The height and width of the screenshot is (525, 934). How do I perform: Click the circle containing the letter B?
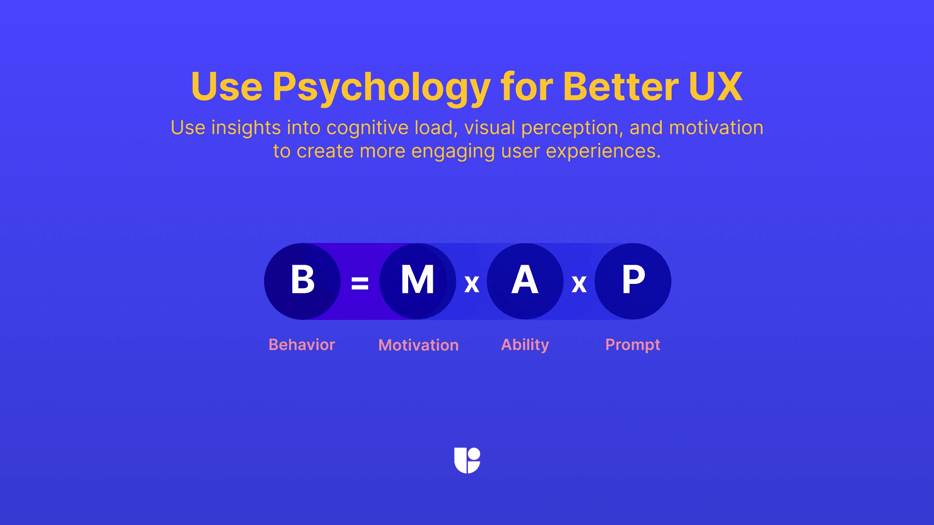(x=302, y=281)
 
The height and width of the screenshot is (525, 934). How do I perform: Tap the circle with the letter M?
(x=417, y=281)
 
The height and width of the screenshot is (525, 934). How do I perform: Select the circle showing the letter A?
(x=525, y=281)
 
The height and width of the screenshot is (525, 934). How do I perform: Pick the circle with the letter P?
(x=633, y=281)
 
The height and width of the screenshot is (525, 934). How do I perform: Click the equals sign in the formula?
(x=360, y=283)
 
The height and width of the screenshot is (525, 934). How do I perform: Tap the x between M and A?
(x=472, y=284)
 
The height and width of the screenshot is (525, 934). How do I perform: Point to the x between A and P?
(x=579, y=284)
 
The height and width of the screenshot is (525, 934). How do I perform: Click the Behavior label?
(x=301, y=345)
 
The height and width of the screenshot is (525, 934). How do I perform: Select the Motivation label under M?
(x=418, y=345)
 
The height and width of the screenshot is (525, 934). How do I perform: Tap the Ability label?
(x=525, y=345)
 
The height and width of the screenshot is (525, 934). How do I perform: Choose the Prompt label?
(x=633, y=345)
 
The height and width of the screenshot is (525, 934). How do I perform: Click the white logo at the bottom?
(x=467, y=460)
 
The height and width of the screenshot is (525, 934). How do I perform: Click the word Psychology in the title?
(x=381, y=87)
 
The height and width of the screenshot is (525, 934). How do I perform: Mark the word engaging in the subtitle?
(x=452, y=152)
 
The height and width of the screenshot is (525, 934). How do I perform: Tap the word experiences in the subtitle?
(x=603, y=152)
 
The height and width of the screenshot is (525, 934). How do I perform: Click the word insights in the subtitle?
(x=246, y=128)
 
